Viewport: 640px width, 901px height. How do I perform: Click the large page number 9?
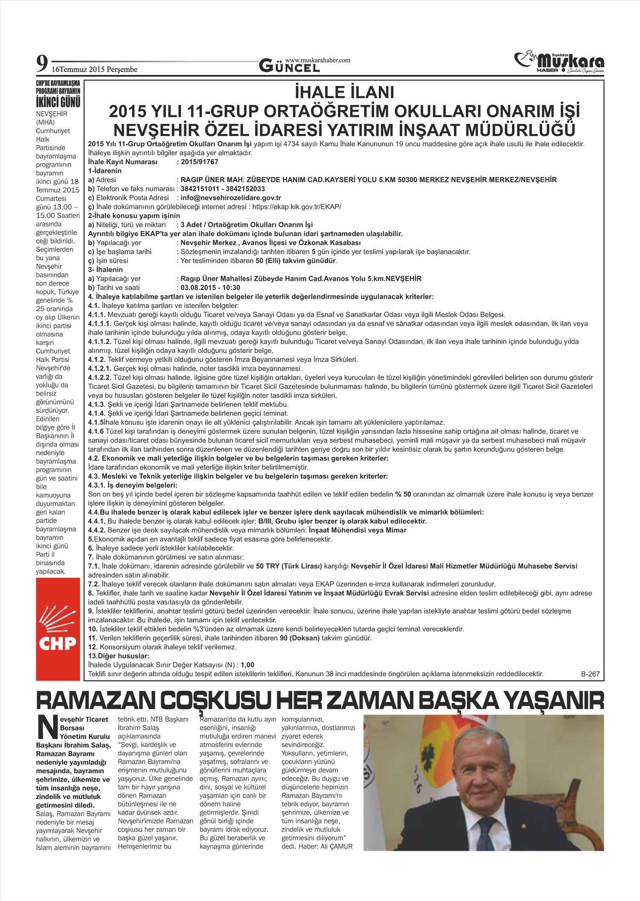pos(41,64)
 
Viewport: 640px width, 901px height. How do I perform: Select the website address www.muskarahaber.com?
pos(318,60)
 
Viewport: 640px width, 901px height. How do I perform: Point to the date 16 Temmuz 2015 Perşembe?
pos(95,69)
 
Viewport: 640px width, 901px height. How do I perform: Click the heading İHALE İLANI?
pos(344,93)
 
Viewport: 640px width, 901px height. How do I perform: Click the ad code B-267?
pos(590,674)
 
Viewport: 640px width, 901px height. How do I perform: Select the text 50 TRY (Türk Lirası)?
pos(288,566)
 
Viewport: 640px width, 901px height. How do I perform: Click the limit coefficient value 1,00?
pos(247,665)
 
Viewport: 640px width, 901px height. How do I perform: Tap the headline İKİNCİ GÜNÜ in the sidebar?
pos(58,102)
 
